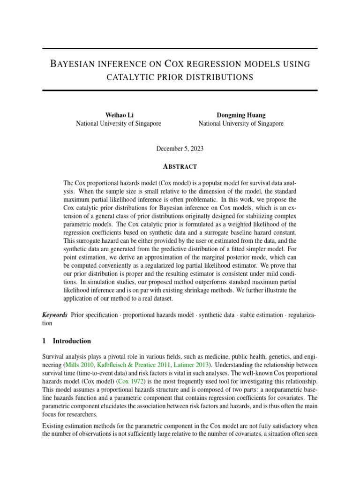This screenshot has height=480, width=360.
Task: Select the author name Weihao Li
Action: (118, 115)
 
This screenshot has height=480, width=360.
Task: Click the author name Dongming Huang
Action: (240, 115)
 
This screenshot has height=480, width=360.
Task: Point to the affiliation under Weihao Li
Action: (118, 124)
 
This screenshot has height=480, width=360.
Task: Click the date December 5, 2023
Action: (180, 149)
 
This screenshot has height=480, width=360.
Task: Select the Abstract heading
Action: (180, 166)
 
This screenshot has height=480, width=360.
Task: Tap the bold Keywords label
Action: (55, 315)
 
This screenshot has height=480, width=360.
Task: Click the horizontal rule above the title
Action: (180, 49)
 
